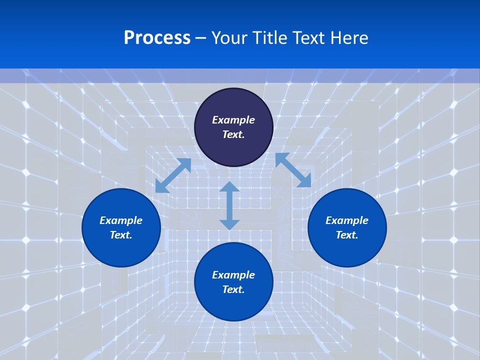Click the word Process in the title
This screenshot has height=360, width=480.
click(157, 38)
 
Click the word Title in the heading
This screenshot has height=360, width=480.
click(270, 38)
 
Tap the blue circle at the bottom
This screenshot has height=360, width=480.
click(233, 305)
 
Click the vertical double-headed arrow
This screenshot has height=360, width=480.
click(229, 205)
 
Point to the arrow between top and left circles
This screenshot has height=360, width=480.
click(173, 175)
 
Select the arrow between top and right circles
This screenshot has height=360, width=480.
click(293, 170)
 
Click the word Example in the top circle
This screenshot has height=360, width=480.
click(233, 120)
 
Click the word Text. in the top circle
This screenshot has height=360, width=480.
click(233, 134)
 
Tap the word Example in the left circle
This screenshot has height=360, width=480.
click(121, 220)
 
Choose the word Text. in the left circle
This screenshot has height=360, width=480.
click(121, 235)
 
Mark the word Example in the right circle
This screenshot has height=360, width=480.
click(347, 220)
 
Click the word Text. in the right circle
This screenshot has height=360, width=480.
click(347, 235)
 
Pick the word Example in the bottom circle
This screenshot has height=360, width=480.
click(233, 275)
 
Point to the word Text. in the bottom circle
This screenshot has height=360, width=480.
click(233, 289)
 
